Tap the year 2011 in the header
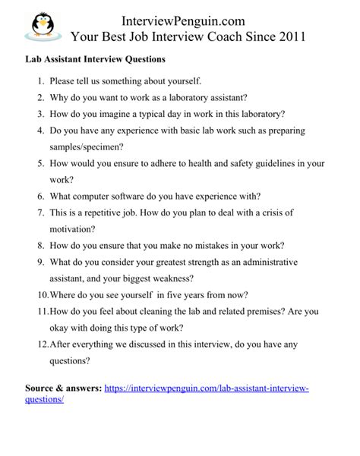(x=289, y=35)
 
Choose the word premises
(x=257, y=311)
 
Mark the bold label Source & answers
(x=62, y=388)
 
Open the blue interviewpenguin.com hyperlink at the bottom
(x=205, y=388)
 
